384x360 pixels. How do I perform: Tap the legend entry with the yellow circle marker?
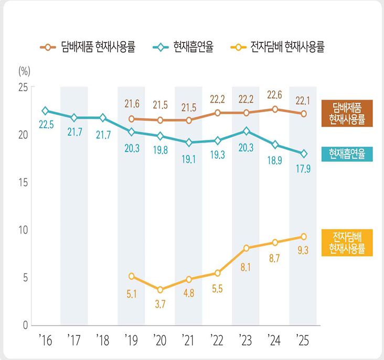coord(278,47)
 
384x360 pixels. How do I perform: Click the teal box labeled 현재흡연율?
coord(347,154)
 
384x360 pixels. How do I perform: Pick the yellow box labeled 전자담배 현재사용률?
coord(347,243)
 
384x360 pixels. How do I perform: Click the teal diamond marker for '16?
coord(46,111)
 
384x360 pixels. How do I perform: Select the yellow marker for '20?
coord(160,289)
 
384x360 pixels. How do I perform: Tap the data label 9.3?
coord(303,250)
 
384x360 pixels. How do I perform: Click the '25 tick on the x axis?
coord(303,341)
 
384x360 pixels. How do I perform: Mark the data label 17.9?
coord(303,168)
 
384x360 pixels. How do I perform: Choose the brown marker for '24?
coord(274,109)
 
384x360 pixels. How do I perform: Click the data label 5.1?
coord(132,294)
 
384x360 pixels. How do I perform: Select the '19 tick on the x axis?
coord(131,341)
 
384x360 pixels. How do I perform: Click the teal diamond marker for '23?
coord(246,130)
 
